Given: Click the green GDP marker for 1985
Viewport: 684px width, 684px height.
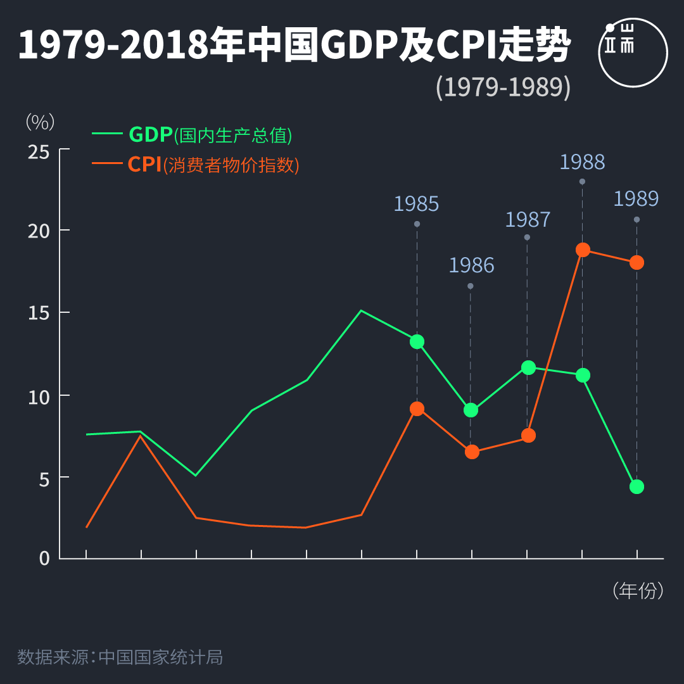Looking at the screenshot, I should point(417,341).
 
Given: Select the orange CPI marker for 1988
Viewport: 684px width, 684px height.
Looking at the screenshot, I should point(583,250).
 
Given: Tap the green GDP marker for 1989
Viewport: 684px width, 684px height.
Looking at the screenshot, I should point(636,486).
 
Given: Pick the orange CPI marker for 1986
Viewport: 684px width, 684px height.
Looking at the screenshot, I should point(472,452).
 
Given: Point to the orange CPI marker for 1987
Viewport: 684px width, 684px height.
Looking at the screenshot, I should point(528,435).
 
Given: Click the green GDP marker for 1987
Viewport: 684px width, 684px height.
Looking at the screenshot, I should point(528,367).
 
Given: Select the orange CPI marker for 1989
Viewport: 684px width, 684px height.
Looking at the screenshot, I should point(636,262).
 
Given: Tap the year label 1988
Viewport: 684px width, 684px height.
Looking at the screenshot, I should point(582,162).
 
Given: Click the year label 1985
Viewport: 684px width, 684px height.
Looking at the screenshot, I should point(416,204).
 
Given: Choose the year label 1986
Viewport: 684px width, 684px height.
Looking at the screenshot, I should point(471,265).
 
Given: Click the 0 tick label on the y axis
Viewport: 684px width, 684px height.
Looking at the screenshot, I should point(44,558).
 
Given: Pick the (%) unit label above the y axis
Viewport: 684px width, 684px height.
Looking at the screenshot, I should point(40,122).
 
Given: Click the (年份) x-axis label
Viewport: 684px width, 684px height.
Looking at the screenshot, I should point(638,591).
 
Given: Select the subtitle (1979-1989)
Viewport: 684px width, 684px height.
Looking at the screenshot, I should point(503,87).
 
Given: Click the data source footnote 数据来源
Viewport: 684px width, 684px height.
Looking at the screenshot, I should point(120,657).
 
